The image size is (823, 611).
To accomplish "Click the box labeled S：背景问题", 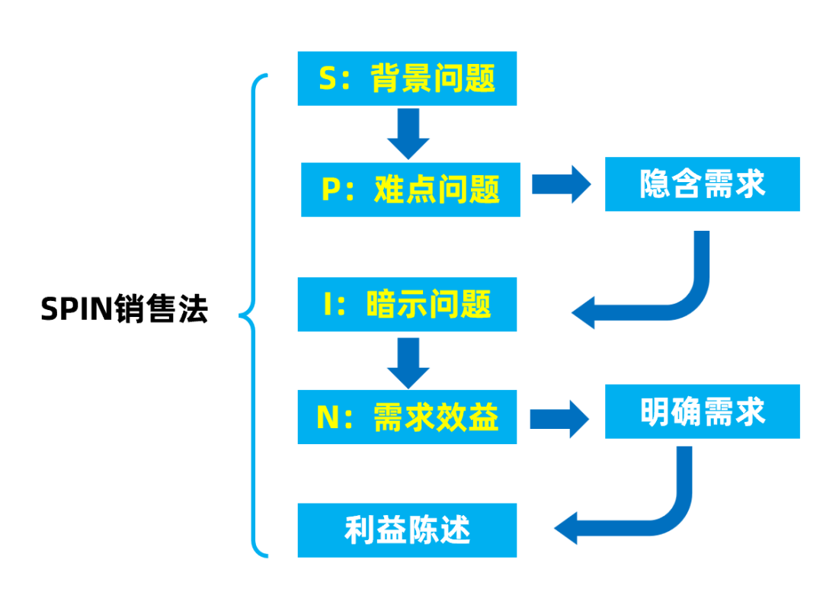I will click(x=407, y=78).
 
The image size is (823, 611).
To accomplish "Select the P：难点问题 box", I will click(x=410, y=189).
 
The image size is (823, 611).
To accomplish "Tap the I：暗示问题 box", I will click(x=407, y=305).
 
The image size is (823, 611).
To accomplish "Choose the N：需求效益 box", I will click(x=407, y=417).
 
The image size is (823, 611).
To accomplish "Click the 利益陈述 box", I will click(x=407, y=529).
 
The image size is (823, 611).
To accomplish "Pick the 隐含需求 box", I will click(x=702, y=184).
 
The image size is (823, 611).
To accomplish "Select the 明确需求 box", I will click(x=702, y=411).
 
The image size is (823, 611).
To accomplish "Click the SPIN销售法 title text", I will click(x=124, y=310).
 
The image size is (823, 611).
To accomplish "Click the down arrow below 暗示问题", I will click(x=408, y=361).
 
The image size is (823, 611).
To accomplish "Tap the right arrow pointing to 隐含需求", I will click(x=562, y=184).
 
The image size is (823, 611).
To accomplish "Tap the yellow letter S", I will click(x=327, y=78).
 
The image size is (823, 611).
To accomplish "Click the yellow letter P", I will click(x=330, y=190).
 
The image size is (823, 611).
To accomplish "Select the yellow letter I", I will click(x=321, y=305).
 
